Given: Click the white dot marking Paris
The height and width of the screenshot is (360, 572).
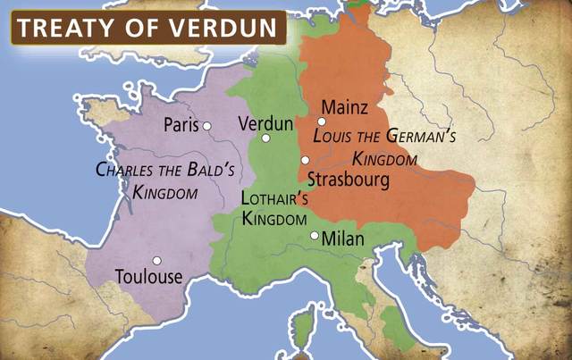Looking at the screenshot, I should [x=206, y=126].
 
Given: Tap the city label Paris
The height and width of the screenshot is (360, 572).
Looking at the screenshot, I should [x=181, y=126].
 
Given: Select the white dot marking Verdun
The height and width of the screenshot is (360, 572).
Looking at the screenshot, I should [x=265, y=138].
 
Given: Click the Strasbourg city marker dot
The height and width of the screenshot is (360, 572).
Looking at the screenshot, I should [x=305, y=159].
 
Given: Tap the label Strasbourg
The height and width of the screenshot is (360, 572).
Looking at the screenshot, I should [x=348, y=180].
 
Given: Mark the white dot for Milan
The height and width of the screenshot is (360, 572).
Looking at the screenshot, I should [x=314, y=236].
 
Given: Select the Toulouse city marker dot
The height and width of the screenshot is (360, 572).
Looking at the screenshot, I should [x=156, y=261].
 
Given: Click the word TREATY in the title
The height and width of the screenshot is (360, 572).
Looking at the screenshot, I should [x=63, y=29].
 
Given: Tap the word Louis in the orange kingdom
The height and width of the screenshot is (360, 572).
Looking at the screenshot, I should [x=334, y=138].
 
